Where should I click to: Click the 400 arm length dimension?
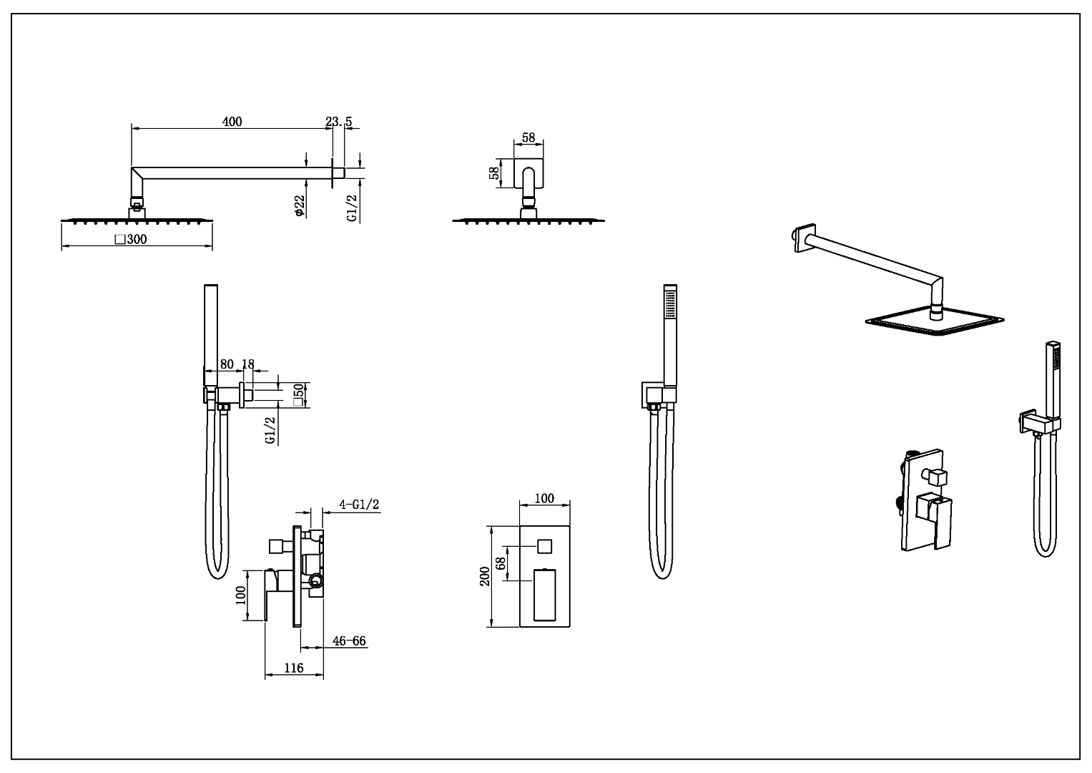click(x=232, y=122)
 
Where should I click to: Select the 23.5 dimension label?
click(x=339, y=122)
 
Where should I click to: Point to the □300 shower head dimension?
click(x=131, y=239)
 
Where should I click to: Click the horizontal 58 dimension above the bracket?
click(x=528, y=137)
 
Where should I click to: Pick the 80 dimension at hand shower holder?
click(x=227, y=364)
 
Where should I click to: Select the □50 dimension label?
click(x=299, y=394)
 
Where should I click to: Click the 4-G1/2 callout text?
click(x=359, y=505)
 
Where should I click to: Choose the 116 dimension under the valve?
click(x=294, y=668)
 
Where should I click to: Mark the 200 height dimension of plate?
click(x=485, y=576)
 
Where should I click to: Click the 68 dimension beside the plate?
click(x=501, y=563)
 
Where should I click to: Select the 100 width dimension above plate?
click(x=544, y=497)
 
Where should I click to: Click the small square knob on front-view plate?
click(x=544, y=546)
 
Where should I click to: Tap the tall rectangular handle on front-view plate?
click(x=544, y=594)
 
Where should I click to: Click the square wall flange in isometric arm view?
click(x=804, y=238)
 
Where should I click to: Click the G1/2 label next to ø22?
click(x=352, y=206)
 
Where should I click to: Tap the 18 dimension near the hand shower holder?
click(x=248, y=364)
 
